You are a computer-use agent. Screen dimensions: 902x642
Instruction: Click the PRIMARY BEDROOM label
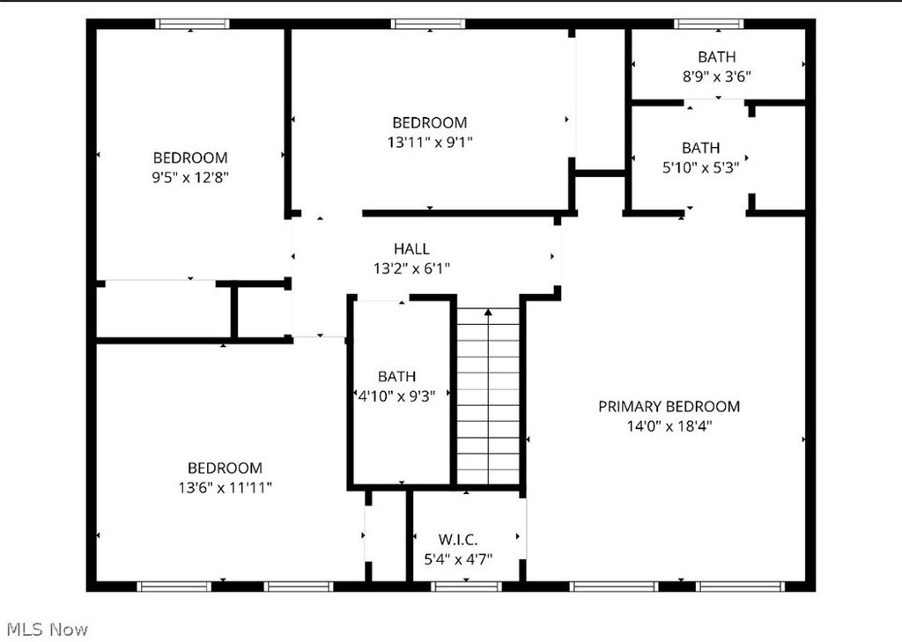(669, 407)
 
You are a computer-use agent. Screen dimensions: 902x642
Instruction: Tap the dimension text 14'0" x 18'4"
(669, 426)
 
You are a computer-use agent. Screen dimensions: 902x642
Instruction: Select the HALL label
(411, 248)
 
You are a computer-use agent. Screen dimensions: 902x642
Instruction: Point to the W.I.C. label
(458, 540)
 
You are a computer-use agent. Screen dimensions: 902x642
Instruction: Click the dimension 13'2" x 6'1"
(412, 268)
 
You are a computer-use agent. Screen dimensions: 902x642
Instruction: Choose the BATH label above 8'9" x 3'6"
(717, 57)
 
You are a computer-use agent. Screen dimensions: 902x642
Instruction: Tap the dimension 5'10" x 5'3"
(700, 167)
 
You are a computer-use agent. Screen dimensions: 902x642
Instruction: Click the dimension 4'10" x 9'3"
(397, 395)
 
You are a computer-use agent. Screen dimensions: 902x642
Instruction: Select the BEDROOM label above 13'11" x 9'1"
(430, 122)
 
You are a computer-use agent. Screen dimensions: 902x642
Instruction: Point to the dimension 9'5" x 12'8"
(190, 177)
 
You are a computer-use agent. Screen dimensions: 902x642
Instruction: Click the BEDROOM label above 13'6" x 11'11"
(225, 468)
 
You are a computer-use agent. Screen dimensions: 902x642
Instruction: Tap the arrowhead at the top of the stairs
(488, 313)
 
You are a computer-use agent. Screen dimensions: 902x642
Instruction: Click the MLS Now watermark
(48, 630)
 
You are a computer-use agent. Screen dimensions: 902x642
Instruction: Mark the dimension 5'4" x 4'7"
(458, 559)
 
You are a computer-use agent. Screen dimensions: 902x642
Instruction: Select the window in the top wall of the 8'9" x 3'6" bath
(709, 24)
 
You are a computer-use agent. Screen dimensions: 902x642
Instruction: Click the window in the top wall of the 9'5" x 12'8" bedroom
(193, 24)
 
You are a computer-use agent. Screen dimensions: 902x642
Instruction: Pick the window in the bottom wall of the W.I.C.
(467, 587)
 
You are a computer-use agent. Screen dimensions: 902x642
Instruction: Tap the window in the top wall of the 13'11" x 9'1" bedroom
(428, 24)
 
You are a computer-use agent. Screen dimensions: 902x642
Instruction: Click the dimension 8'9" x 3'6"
(717, 77)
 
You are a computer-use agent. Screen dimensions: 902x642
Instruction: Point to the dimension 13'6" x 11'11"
(225, 488)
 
